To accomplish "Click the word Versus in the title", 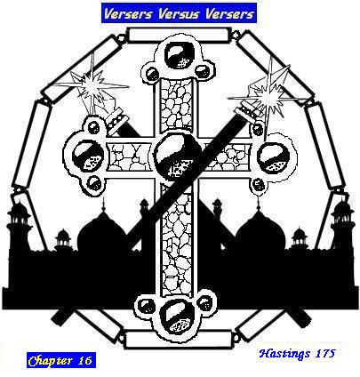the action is pos(180,13).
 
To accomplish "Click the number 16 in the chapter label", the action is pos(85,360).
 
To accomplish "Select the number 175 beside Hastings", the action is pos(325,353).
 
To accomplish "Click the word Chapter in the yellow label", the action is pos(51,361).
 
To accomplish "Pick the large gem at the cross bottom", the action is pos(177,316).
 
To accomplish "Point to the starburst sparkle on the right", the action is pos(269,95).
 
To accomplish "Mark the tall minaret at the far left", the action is pos(20,229).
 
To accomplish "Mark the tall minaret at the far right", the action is pos(342,229).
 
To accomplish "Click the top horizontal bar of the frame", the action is pos(180,36).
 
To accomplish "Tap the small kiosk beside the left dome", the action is pos(63,238).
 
